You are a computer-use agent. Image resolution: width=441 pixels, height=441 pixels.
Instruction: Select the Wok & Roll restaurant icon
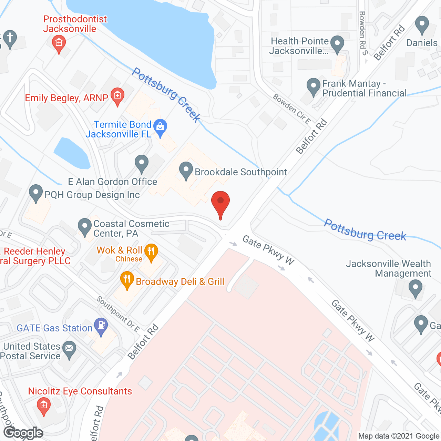tap(151, 252)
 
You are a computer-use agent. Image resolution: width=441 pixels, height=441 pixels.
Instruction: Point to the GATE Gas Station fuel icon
tap(101, 326)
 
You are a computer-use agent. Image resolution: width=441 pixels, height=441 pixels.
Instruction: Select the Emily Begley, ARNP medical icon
tap(117, 95)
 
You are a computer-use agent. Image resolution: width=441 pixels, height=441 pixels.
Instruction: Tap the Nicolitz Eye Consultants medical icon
tap(43, 405)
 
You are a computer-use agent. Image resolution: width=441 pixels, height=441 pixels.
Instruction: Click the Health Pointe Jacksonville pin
tap(337, 44)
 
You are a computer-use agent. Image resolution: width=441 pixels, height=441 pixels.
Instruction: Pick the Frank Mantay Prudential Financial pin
tap(313, 86)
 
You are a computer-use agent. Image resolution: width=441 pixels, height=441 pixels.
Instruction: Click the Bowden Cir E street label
tap(292, 109)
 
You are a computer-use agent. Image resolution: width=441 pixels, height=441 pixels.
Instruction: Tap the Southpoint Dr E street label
tap(118, 314)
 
